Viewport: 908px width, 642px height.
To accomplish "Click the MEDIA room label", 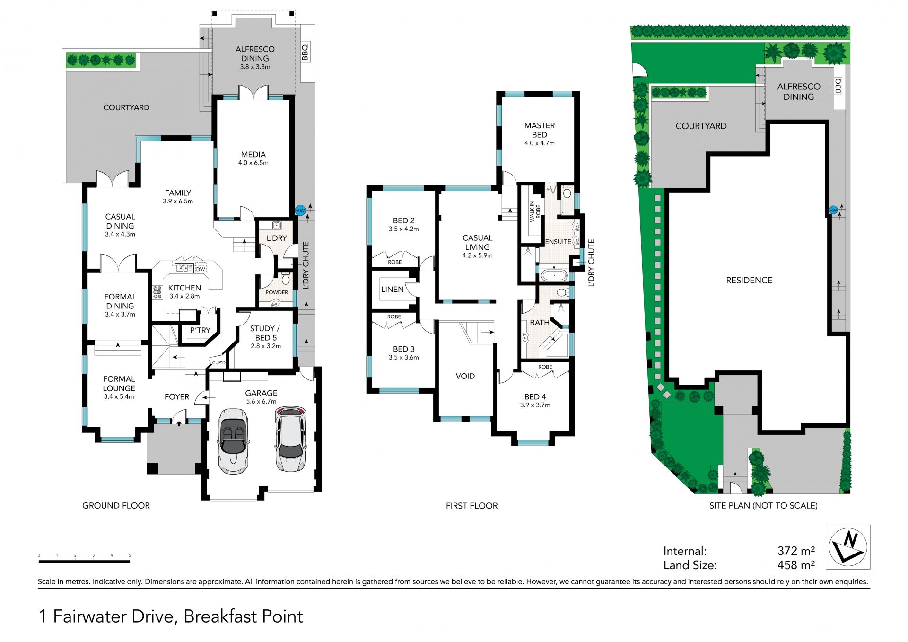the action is point(253,155).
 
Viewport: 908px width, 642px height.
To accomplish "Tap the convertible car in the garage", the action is point(233,441).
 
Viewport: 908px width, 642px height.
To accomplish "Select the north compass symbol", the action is point(848,547).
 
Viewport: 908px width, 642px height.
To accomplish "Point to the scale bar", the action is point(84,561).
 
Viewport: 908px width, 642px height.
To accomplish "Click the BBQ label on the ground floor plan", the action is point(305,52).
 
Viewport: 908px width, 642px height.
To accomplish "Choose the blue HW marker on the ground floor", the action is point(300,211).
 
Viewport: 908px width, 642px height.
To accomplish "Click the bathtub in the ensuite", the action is point(554,275).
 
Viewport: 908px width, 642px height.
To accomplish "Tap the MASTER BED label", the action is point(540,130).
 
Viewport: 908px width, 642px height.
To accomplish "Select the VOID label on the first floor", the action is point(465,377).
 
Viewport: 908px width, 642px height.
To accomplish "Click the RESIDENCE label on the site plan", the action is point(749,281).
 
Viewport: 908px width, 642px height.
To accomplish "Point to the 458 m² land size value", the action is point(796,565).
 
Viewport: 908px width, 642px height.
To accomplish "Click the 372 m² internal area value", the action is point(796,551).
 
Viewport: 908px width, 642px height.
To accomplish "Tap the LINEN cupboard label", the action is point(393,290).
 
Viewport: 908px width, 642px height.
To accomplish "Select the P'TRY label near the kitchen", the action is point(200,330).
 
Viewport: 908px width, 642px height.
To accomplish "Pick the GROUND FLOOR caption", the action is point(116,506).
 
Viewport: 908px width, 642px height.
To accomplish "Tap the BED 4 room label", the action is point(535,397).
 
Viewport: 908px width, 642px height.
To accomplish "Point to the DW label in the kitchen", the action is point(201,269).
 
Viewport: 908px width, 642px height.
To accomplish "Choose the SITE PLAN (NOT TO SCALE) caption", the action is point(763,506).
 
